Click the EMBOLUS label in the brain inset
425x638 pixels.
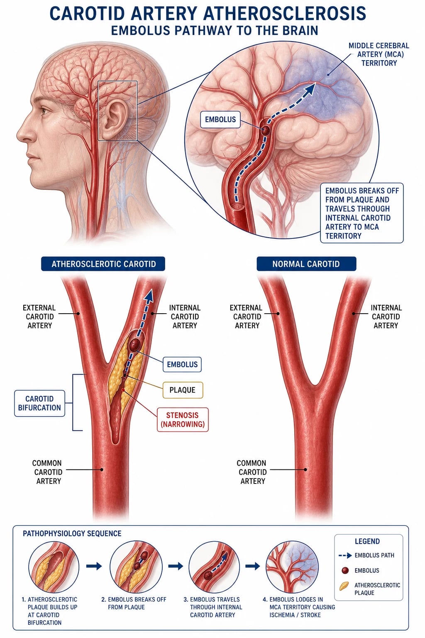[x=220, y=119]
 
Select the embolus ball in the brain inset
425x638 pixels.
[x=265, y=130]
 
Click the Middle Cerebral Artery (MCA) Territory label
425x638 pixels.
[x=379, y=54]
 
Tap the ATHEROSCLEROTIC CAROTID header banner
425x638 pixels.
[x=103, y=264]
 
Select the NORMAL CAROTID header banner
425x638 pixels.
[x=306, y=264]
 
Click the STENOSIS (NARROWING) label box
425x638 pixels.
[x=183, y=420]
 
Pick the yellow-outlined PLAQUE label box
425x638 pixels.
[x=183, y=390]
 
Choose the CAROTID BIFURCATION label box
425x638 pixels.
[x=39, y=403]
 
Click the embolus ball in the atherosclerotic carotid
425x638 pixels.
[x=134, y=345]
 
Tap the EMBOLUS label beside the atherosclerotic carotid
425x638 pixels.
[x=182, y=364]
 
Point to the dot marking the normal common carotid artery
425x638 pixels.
[x=305, y=470]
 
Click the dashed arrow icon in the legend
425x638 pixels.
[x=345, y=555]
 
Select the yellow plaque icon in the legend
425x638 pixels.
[x=344, y=586]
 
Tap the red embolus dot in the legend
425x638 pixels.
[x=345, y=570]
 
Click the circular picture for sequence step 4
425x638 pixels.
[x=292, y=567]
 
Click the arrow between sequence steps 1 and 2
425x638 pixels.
[x=94, y=566]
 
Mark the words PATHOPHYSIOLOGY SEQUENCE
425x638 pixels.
[x=72, y=533]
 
